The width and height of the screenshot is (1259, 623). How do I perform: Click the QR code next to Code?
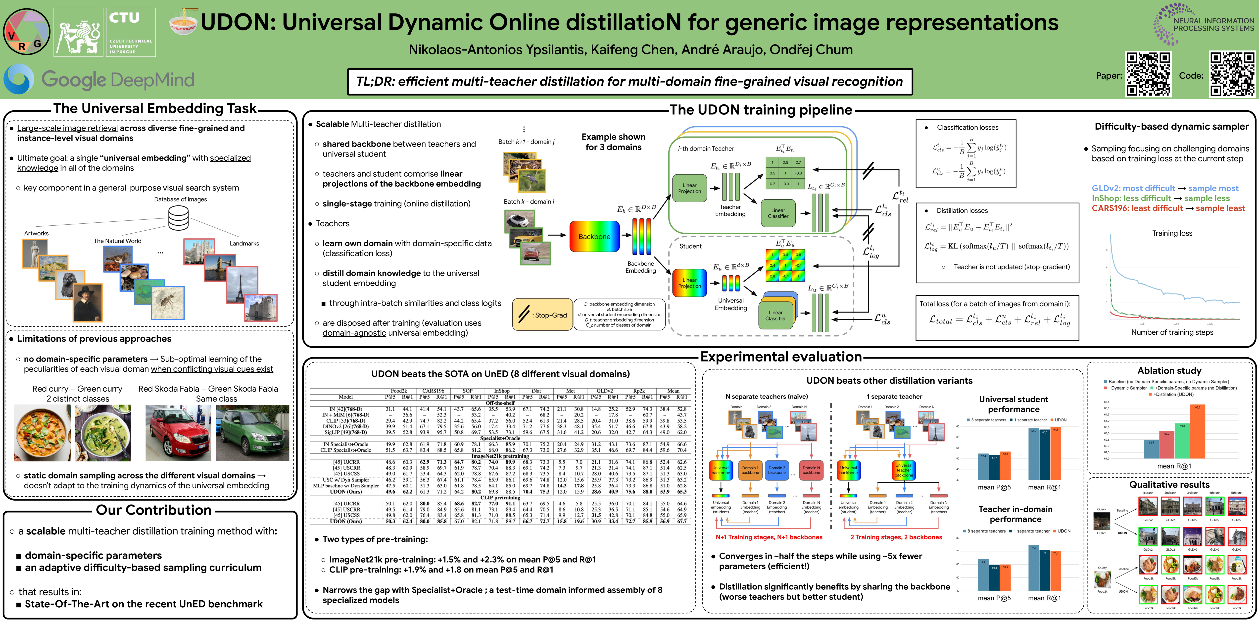coord(1232,74)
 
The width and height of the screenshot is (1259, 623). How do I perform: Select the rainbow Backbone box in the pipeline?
coord(594,237)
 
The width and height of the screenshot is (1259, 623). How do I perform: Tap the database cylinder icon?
coord(178,218)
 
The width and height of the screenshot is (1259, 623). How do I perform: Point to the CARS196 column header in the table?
coord(433,391)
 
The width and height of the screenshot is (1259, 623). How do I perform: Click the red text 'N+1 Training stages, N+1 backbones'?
coord(769,537)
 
